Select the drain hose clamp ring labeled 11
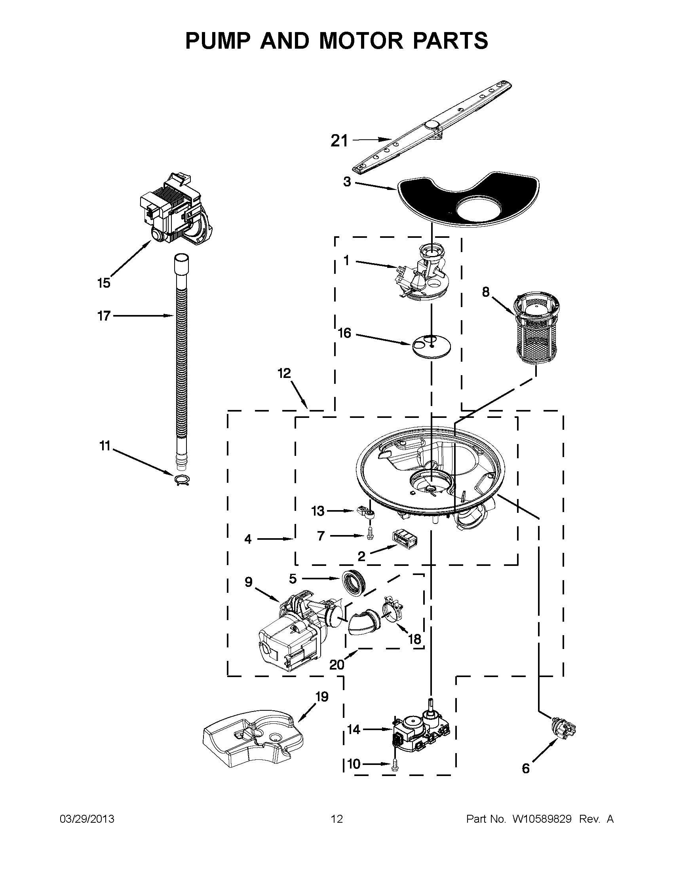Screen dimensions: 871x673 (x=182, y=480)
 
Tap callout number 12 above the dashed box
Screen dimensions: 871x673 (x=284, y=373)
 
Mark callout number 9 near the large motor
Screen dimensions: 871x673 (x=249, y=582)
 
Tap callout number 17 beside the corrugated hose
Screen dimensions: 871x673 (x=104, y=316)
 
